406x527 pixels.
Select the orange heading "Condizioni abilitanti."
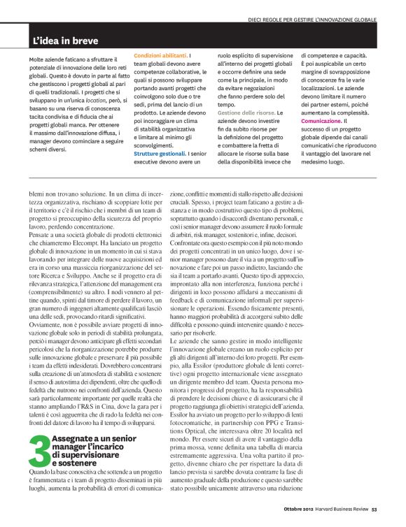pos(160,55)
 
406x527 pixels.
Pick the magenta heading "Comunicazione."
pos(322,121)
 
